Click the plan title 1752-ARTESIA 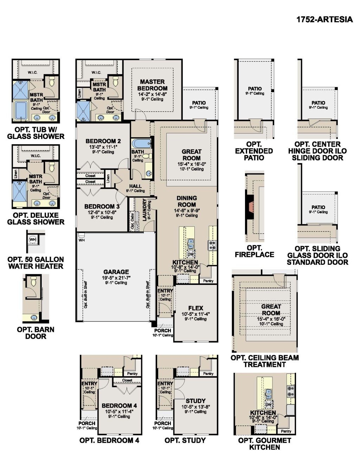coord(324,19)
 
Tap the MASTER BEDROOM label coord(152,85)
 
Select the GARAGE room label coord(116,272)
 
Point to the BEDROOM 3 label coord(99,206)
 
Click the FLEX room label coord(195,308)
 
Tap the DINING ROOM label coord(187,202)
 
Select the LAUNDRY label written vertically coord(144,210)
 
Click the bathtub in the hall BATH coord(141,143)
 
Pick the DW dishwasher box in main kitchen coord(191,254)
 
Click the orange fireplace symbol coord(250,207)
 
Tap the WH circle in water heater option coord(33,240)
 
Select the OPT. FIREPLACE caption coord(254,251)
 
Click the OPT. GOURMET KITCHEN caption coord(264,444)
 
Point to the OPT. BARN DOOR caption coord(36,333)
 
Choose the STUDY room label coord(195,401)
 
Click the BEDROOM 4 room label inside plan coord(117,406)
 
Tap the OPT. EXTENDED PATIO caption coord(254,151)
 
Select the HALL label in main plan coord(135,186)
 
